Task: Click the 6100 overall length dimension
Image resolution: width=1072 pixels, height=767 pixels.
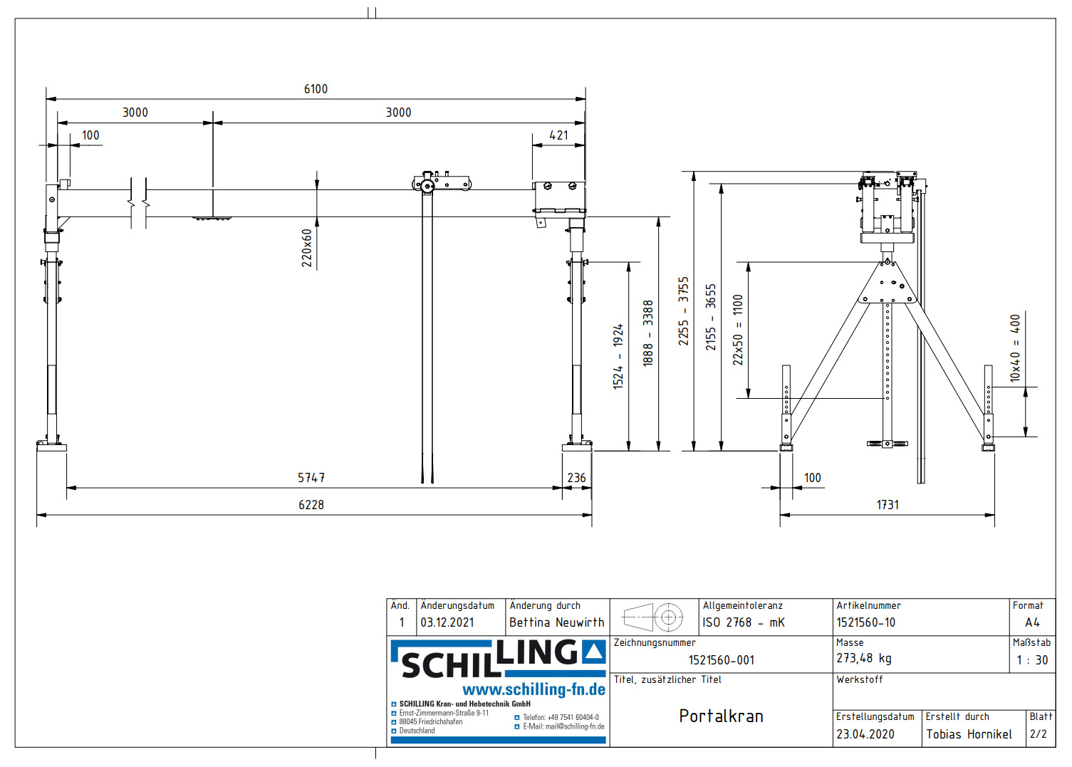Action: tap(316, 89)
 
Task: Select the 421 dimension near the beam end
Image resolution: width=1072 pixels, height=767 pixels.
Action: tap(558, 135)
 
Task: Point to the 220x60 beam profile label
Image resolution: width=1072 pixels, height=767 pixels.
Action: tap(307, 248)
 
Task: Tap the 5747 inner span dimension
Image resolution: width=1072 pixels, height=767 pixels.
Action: tap(311, 478)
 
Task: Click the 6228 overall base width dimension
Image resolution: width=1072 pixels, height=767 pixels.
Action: tap(311, 505)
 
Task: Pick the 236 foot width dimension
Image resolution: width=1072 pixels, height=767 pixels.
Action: tap(576, 478)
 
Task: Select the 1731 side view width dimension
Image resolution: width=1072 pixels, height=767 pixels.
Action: tap(888, 505)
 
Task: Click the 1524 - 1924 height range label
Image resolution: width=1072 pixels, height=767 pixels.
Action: tap(618, 356)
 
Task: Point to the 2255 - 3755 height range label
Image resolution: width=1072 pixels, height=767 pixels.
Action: tap(684, 311)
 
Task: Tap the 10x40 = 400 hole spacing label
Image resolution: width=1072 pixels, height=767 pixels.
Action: tap(1015, 348)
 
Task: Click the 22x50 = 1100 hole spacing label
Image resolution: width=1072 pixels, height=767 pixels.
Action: tap(738, 330)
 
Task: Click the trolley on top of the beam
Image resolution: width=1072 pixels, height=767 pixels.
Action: tap(441, 183)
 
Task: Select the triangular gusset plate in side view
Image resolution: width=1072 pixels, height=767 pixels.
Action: tap(888, 283)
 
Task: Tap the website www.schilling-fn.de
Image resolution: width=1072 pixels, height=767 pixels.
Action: tap(534, 689)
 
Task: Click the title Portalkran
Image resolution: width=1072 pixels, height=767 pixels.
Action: tap(721, 716)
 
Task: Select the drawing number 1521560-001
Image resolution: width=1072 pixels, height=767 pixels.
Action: tap(721, 660)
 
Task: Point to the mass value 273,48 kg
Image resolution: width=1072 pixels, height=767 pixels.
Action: tap(863, 659)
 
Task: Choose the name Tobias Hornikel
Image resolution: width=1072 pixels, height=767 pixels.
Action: tap(969, 734)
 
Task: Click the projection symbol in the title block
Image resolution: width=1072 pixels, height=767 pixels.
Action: tap(653, 617)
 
